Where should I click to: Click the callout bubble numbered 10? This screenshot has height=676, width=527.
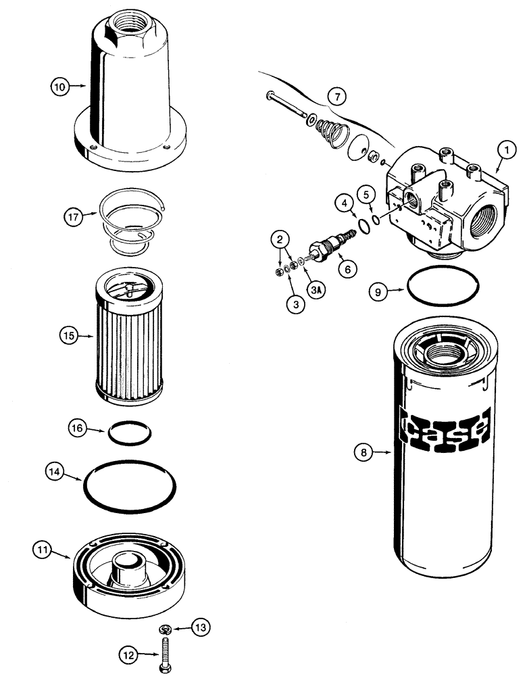point(61,86)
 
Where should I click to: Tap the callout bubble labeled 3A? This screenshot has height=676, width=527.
point(296,289)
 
